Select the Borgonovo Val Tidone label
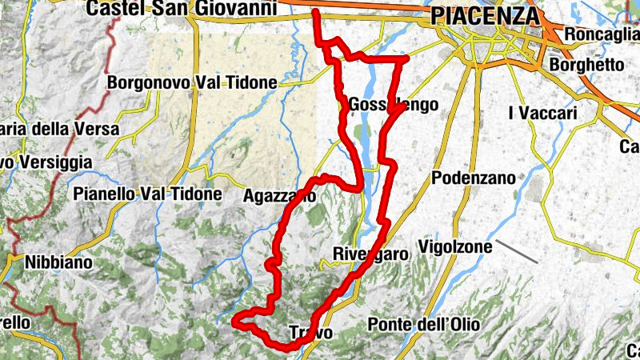tap(192, 82)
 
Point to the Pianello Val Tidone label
tap(146, 194)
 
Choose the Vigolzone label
tap(455, 247)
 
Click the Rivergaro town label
tap(370, 254)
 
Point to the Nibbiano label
tap(58, 262)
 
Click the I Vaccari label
tap(542, 114)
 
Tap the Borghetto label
tap(587, 63)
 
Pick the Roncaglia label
tap(601, 34)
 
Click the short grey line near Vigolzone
tap(516, 250)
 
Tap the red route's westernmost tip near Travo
tap(234, 322)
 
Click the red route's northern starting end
tap(316, 12)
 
